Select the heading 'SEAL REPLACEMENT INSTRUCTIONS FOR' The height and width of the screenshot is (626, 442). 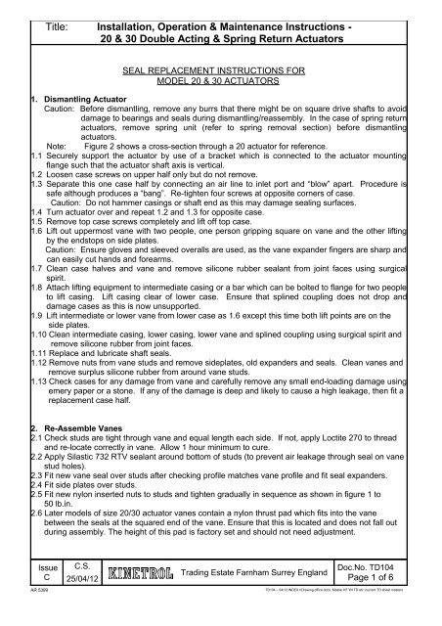coord(221,72)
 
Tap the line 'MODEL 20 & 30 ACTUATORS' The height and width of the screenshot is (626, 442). coord(221,83)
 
